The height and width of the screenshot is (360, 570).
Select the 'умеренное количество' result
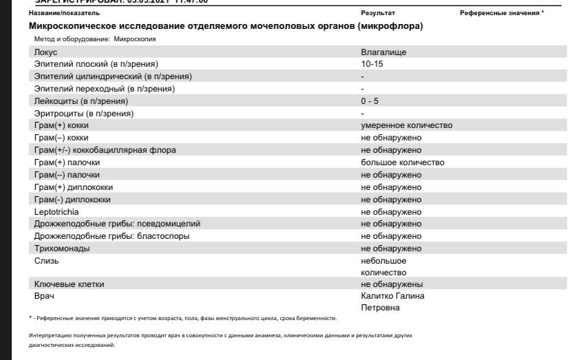tap(406, 125)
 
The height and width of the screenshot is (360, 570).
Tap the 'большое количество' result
tap(403, 162)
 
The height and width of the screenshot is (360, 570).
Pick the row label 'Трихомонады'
tap(62, 248)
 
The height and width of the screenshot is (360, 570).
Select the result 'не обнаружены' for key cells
tap(392, 284)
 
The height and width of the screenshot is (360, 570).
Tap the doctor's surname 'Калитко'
tap(377, 296)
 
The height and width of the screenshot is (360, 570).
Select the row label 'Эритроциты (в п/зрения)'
tap(84, 113)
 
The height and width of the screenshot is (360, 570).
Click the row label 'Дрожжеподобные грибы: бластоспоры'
tap(112, 236)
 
